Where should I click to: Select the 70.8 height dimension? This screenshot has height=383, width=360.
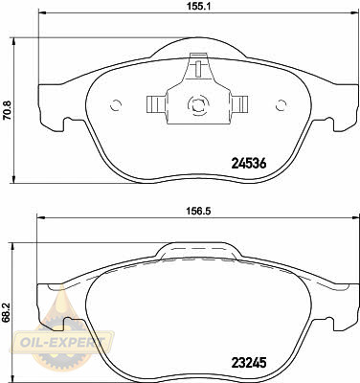[x=7, y=110]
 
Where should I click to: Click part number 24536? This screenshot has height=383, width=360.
[x=248, y=164]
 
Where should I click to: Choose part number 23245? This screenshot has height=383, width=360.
[x=248, y=363]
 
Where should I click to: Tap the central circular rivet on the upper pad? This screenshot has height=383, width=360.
[x=198, y=104]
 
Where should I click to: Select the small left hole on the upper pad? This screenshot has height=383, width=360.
[x=116, y=105]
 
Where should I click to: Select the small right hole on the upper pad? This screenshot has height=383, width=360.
[x=281, y=105]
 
